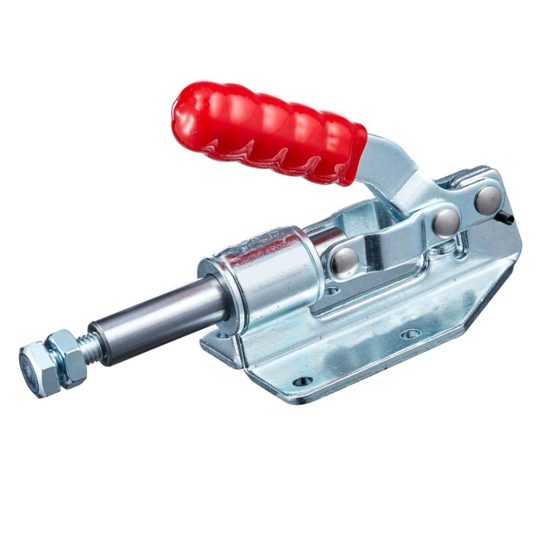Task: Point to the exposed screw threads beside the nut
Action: [x=91, y=346]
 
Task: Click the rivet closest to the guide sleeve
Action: [x=345, y=261]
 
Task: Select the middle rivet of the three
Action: [x=446, y=222]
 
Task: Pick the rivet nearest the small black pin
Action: [x=488, y=198]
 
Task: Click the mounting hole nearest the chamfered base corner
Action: [x=410, y=334]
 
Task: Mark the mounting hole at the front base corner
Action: [x=302, y=382]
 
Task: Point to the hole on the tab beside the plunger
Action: [x=223, y=336]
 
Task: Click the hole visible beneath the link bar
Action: [x=331, y=290]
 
